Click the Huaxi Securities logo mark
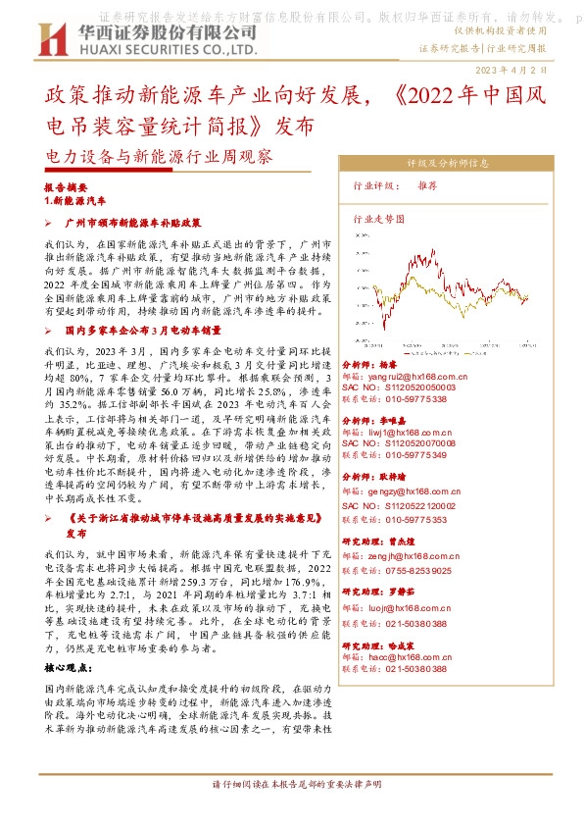pos(46,37)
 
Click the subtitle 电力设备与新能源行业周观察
pos(159,156)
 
